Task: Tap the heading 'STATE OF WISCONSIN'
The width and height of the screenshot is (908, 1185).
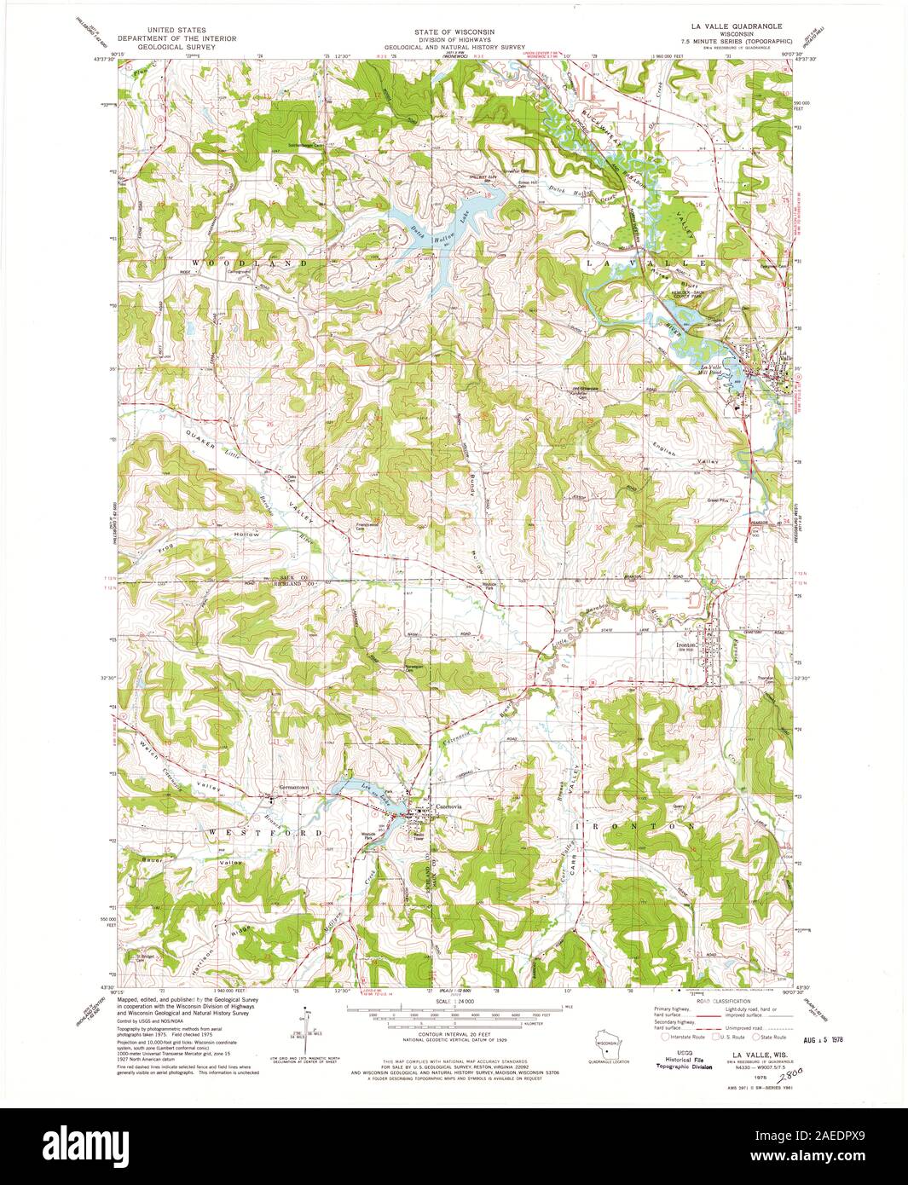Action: point(442,30)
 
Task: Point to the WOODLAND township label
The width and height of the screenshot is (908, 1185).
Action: point(249,264)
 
